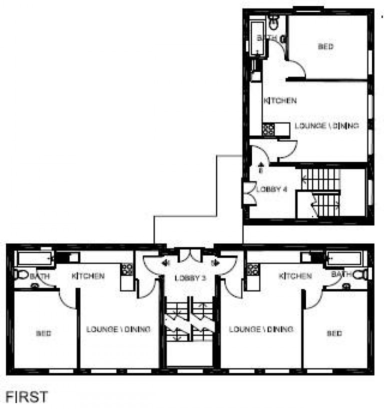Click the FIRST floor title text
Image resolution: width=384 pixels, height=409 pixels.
tap(27, 397)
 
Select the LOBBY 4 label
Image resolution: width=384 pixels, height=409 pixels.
tap(272, 189)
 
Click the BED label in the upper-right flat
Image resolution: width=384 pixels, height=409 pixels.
tap(325, 46)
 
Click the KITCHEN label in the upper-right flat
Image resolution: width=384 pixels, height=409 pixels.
tap(280, 100)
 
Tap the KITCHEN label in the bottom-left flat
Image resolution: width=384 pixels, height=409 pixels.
tap(88, 276)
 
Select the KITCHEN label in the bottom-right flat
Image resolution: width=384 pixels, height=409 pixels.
tap(295, 276)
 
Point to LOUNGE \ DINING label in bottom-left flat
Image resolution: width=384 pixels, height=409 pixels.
tap(118, 329)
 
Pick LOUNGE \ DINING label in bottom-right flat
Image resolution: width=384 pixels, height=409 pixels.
tap(260, 329)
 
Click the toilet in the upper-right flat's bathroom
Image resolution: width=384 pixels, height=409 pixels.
tap(274, 21)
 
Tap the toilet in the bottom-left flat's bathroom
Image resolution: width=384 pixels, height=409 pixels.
tap(21, 274)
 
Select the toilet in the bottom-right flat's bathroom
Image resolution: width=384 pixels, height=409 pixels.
tap(360, 274)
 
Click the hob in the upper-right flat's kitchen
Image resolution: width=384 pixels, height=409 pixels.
tap(268, 129)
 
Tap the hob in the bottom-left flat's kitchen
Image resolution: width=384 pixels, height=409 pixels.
tap(127, 269)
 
